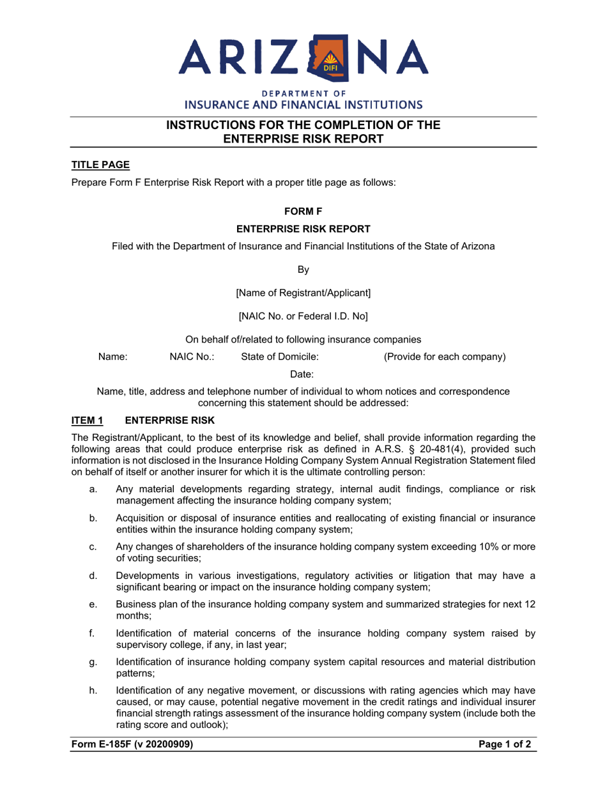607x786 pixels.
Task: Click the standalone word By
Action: pos(303,270)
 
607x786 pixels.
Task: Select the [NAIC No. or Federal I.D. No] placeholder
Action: pos(303,316)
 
